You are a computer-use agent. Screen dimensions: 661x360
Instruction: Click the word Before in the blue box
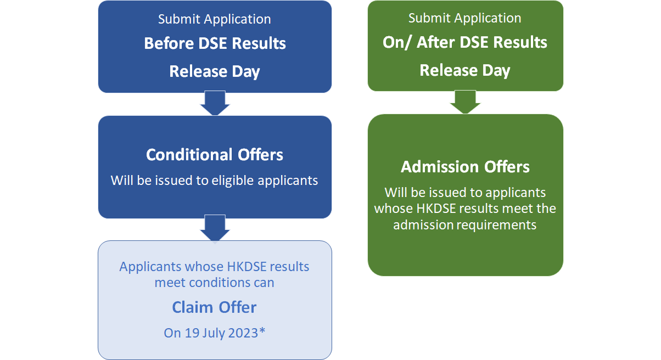click(x=169, y=43)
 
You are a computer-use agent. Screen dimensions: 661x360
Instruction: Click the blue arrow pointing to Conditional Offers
click(x=215, y=103)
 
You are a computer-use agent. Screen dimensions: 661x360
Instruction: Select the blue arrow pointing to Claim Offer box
click(x=215, y=228)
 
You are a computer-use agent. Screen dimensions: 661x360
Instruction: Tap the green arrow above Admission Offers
click(x=465, y=102)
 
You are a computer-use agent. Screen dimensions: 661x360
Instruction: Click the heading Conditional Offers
click(x=215, y=155)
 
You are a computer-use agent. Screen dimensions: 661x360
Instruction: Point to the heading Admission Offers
click(x=465, y=167)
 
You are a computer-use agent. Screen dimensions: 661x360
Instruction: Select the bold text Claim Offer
click(x=214, y=307)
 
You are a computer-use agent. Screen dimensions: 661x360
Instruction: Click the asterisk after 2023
click(x=262, y=330)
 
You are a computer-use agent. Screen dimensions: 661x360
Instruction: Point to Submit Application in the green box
click(x=465, y=18)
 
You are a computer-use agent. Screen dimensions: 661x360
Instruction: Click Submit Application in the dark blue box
click(x=215, y=19)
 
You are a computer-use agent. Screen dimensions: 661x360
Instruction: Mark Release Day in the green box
click(x=465, y=71)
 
